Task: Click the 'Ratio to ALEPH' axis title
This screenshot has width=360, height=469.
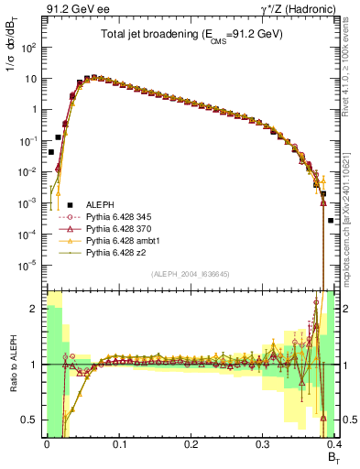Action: (x=14, y=365)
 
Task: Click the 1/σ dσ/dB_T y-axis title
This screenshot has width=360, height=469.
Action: (x=14, y=57)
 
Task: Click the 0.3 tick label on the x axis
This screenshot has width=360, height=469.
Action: (x=262, y=443)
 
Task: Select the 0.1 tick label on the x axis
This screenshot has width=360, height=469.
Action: (x=118, y=443)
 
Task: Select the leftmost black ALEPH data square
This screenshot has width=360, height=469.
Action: (x=50, y=153)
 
